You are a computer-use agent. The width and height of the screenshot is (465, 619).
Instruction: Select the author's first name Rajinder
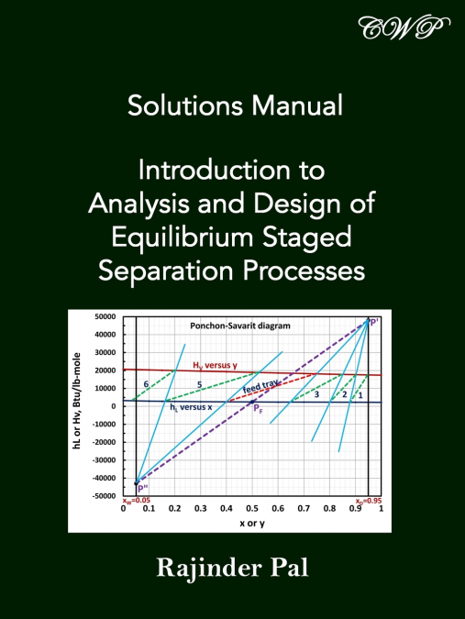(x=212, y=563)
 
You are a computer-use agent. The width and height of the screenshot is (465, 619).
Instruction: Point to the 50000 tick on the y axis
(x=103, y=316)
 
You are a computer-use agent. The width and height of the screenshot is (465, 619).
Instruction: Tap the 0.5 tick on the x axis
(x=251, y=507)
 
